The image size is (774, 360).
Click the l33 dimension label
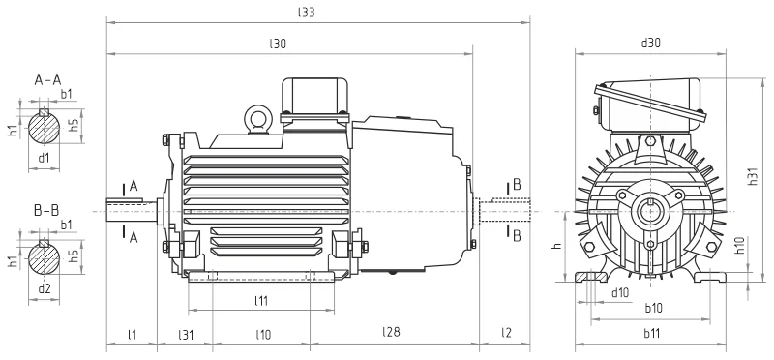pyautogui.click(x=306, y=13)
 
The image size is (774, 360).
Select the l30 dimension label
pyautogui.click(x=278, y=44)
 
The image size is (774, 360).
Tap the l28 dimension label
pyautogui.click(x=391, y=332)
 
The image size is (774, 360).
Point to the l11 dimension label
pyautogui.click(x=261, y=300)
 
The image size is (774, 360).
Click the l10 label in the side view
pyautogui.click(x=263, y=334)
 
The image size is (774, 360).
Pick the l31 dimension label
pyautogui.click(x=186, y=334)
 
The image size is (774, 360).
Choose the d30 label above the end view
pyautogui.click(x=650, y=43)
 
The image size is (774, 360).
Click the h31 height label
pyautogui.click(x=753, y=176)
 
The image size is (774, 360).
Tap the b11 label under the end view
pyautogui.click(x=651, y=333)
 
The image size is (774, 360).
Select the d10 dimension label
pyautogui.click(x=620, y=292)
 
